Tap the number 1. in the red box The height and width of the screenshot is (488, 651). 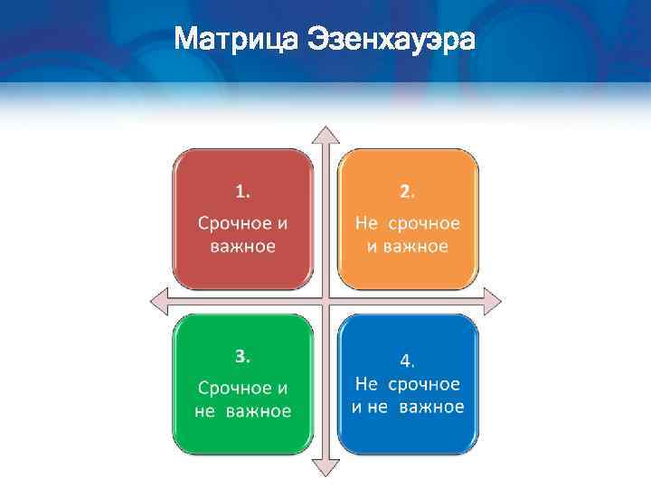244,191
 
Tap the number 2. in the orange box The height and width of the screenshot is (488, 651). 408,191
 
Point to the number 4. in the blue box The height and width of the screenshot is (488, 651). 408,361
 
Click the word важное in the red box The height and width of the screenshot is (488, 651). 243,246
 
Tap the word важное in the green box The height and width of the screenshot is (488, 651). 259,411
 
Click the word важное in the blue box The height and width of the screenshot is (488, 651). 431,407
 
